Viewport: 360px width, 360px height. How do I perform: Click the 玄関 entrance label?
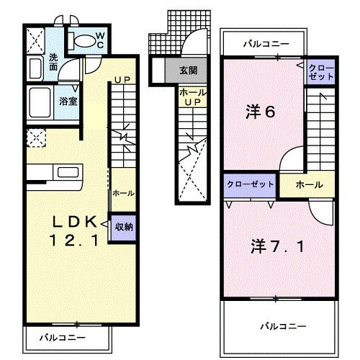pyautogui.click(x=189, y=71)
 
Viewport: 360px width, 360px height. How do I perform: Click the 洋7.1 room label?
pyautogui.click(x=271, y=246)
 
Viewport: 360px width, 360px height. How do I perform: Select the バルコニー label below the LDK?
pyautogui.click(x=62, y=336)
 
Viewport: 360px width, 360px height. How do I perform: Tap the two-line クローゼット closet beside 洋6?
pyautogui.click(x=320, y=71)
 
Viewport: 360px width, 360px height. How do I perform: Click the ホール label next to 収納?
pyautogui.click(x=121, y=193)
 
